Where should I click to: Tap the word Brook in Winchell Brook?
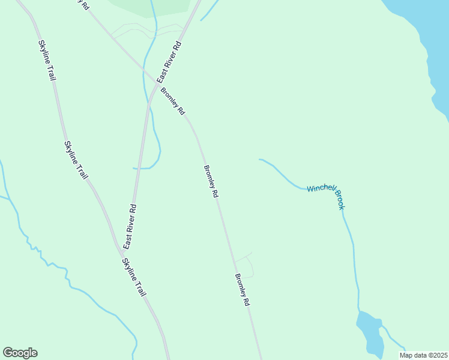click(x=340, y=200)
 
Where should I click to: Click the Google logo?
click(x=20, y=353)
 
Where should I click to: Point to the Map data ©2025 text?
click(x=423, y=355)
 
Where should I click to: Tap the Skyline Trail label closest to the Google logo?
click(x=134, y=277)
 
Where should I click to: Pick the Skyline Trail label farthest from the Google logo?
click(x=48, y=60)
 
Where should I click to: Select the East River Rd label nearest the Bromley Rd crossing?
click(x=169, y=62)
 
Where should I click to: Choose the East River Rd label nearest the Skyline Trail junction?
click(x=130, y=227)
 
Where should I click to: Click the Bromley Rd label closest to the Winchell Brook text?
click(x=211, y=182)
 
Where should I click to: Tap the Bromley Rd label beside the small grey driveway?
click(x=241, y=290)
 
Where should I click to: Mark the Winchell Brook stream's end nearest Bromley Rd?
click(x=259, y=160)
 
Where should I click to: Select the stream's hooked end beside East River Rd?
click(x=134, y=169)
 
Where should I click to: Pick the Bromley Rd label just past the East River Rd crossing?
click(x=173, y=101)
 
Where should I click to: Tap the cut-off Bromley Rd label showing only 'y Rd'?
click(x=83, y=4)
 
